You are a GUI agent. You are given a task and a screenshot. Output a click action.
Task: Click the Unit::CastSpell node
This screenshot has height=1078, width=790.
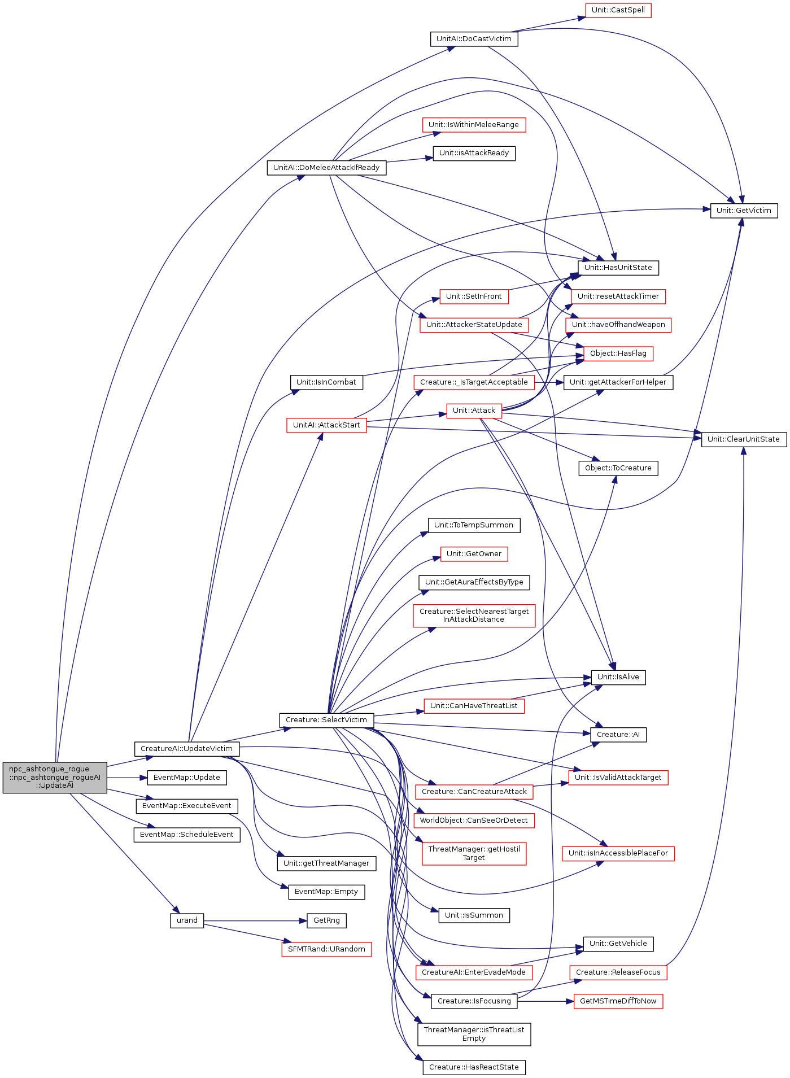click(618, 10)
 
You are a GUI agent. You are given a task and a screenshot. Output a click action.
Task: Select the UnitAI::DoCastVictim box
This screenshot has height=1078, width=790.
click(474, 39)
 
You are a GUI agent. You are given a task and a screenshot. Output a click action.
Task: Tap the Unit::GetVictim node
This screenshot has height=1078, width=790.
click(744, 211)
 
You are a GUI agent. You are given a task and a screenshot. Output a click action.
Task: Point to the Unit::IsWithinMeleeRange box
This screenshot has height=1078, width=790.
click(474, 125)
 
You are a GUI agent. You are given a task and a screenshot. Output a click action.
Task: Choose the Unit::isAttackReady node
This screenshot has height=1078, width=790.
click(474, 153)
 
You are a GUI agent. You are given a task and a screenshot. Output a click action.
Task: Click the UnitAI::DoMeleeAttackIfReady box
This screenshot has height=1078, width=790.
click(326, 168)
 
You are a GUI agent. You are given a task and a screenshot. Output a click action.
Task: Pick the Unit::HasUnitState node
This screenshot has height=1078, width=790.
click(618, 268)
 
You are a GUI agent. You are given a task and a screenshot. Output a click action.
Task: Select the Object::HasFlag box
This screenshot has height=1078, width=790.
click(618, 353)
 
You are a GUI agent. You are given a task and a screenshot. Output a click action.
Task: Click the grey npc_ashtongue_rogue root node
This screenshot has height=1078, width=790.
click(55, 778)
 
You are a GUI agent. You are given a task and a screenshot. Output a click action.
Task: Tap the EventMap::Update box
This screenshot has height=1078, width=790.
click(187, 778)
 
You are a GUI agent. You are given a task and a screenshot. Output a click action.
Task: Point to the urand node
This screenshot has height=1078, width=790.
click(187, 920)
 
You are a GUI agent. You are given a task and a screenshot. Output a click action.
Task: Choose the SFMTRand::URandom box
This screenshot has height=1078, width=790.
click(326, 949)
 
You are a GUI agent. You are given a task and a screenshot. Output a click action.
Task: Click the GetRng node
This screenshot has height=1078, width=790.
click(326, 920)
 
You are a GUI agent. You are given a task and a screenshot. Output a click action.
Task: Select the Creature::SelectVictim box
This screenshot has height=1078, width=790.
click(326, 720)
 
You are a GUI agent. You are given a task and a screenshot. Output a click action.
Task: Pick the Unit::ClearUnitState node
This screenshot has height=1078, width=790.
click(744, 439)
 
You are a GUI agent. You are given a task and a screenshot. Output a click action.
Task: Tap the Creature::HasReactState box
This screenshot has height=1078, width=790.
click(474, 1067)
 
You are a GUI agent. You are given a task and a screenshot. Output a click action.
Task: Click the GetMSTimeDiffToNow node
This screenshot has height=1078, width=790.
click(618, 1001)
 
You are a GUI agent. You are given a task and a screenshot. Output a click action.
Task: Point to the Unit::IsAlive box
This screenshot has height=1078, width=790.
click(618, 677)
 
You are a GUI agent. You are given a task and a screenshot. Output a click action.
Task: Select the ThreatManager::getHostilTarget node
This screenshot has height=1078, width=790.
click(474, 853)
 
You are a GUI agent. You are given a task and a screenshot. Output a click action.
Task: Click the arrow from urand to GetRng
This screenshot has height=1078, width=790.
click(255, 920)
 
